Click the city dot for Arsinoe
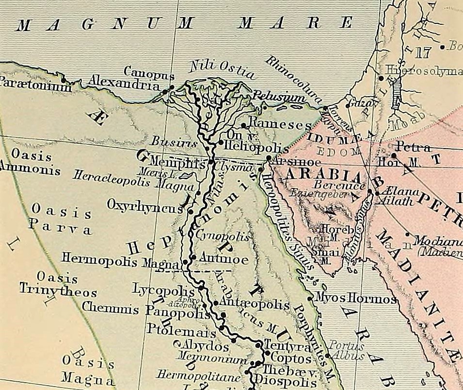pyautogui.click(x=268, y=158)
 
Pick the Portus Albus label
pyautogui.click(x=346, y=350)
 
